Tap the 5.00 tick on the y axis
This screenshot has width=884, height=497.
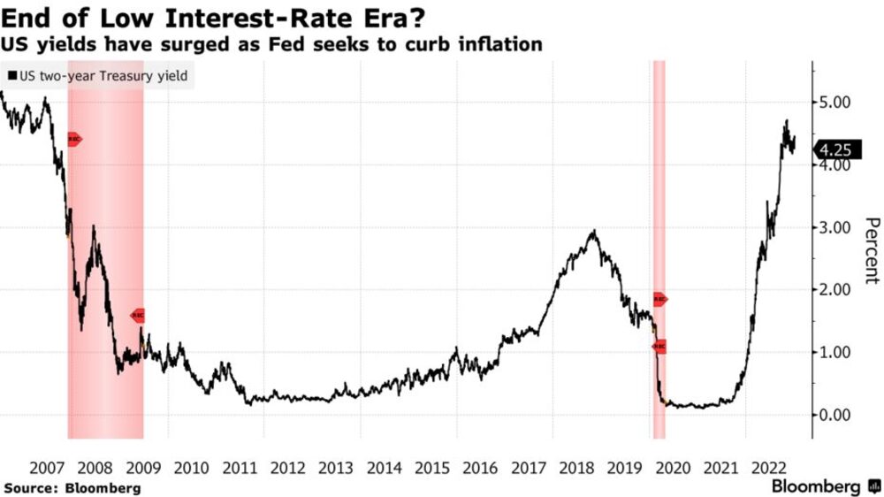834,103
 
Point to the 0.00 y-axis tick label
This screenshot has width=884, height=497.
834,415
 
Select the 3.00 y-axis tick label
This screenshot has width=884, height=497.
834,227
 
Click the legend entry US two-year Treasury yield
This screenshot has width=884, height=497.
99,77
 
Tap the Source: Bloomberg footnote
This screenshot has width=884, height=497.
72,487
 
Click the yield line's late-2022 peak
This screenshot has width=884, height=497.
786,121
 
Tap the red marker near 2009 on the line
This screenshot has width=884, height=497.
138,316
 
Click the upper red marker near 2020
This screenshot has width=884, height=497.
660,300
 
